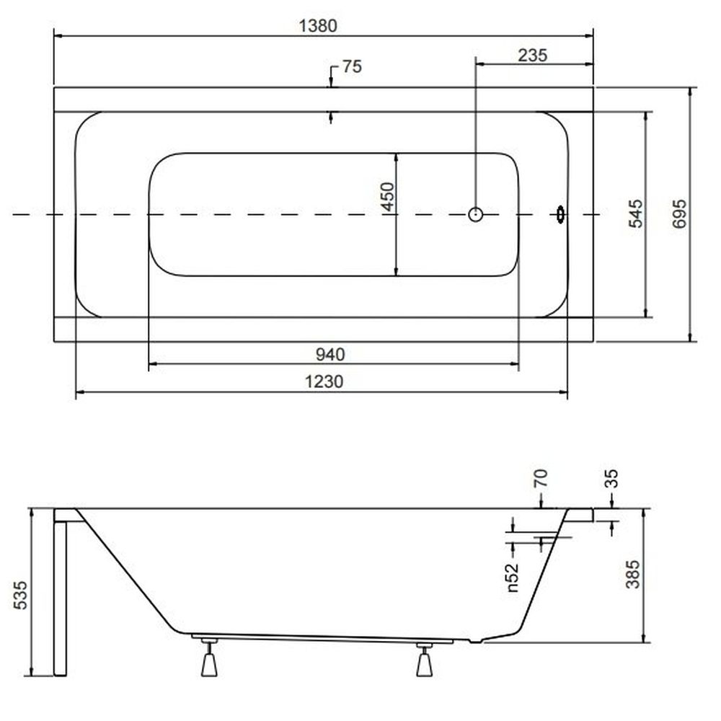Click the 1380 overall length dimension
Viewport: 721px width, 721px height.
318,26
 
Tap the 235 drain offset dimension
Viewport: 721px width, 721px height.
533,56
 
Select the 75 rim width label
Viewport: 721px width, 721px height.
353,66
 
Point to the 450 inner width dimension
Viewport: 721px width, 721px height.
388,196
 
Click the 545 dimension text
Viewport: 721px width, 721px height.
636,213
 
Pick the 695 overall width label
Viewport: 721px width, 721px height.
679,213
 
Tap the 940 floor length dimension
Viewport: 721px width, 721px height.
330,355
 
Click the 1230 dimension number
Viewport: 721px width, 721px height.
324,381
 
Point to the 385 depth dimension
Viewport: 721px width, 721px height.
633,574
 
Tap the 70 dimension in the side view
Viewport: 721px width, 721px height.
541,478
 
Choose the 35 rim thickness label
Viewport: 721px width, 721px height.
611,478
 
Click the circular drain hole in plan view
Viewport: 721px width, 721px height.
475,214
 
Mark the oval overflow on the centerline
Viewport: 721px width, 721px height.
560,214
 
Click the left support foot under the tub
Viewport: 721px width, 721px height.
209,657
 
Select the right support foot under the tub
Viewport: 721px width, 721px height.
424,660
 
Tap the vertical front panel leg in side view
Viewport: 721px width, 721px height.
60,598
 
